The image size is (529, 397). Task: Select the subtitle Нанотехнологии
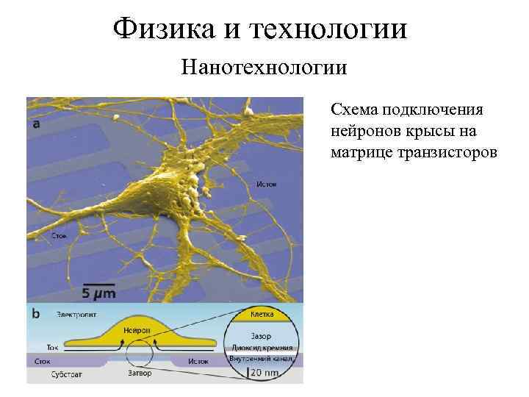[264, 69]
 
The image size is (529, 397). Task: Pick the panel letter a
[37, 124]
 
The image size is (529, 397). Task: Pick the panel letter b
[35, 313]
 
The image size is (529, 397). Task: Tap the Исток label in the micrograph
[266, 184]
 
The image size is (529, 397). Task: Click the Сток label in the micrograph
[60, 236]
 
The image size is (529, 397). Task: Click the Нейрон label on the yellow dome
[137, 330]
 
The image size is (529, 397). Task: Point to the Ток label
[52, 346]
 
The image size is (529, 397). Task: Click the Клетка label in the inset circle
[262, 315]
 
